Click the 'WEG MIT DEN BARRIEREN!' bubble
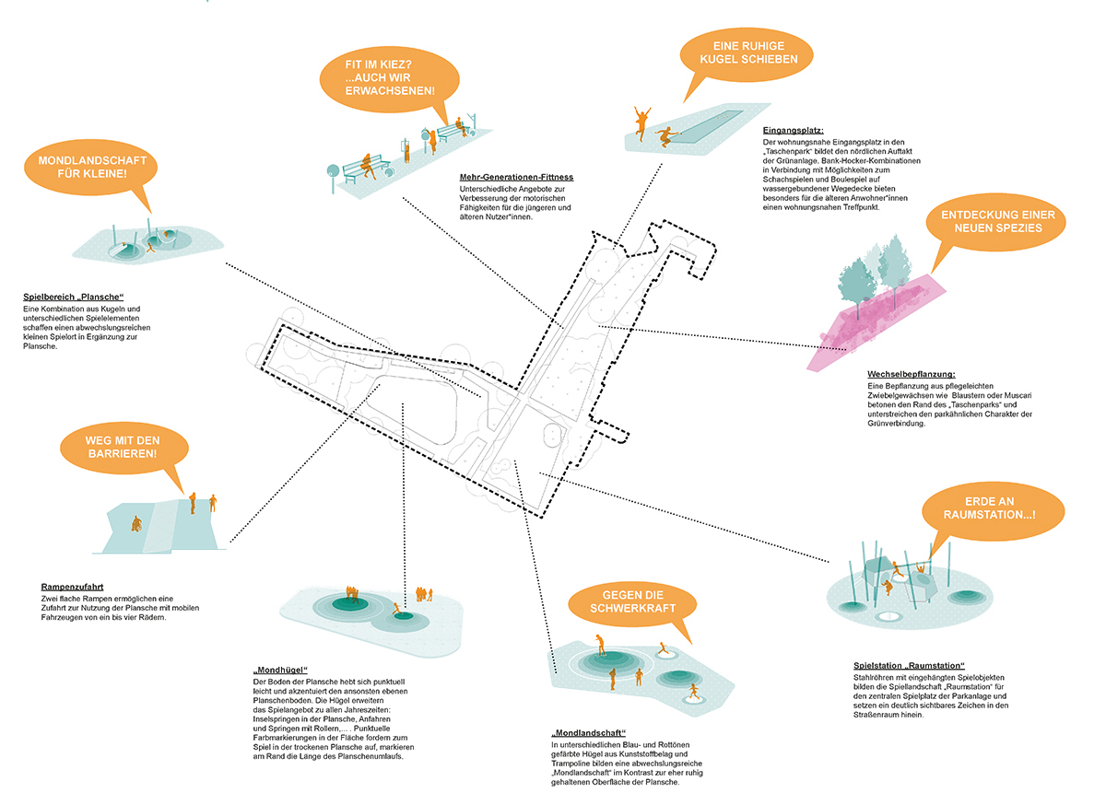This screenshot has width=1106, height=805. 123,447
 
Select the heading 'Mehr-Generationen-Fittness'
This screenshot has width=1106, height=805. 516,177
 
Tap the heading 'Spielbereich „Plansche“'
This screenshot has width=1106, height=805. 73,297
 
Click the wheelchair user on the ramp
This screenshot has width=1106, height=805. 135,524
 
